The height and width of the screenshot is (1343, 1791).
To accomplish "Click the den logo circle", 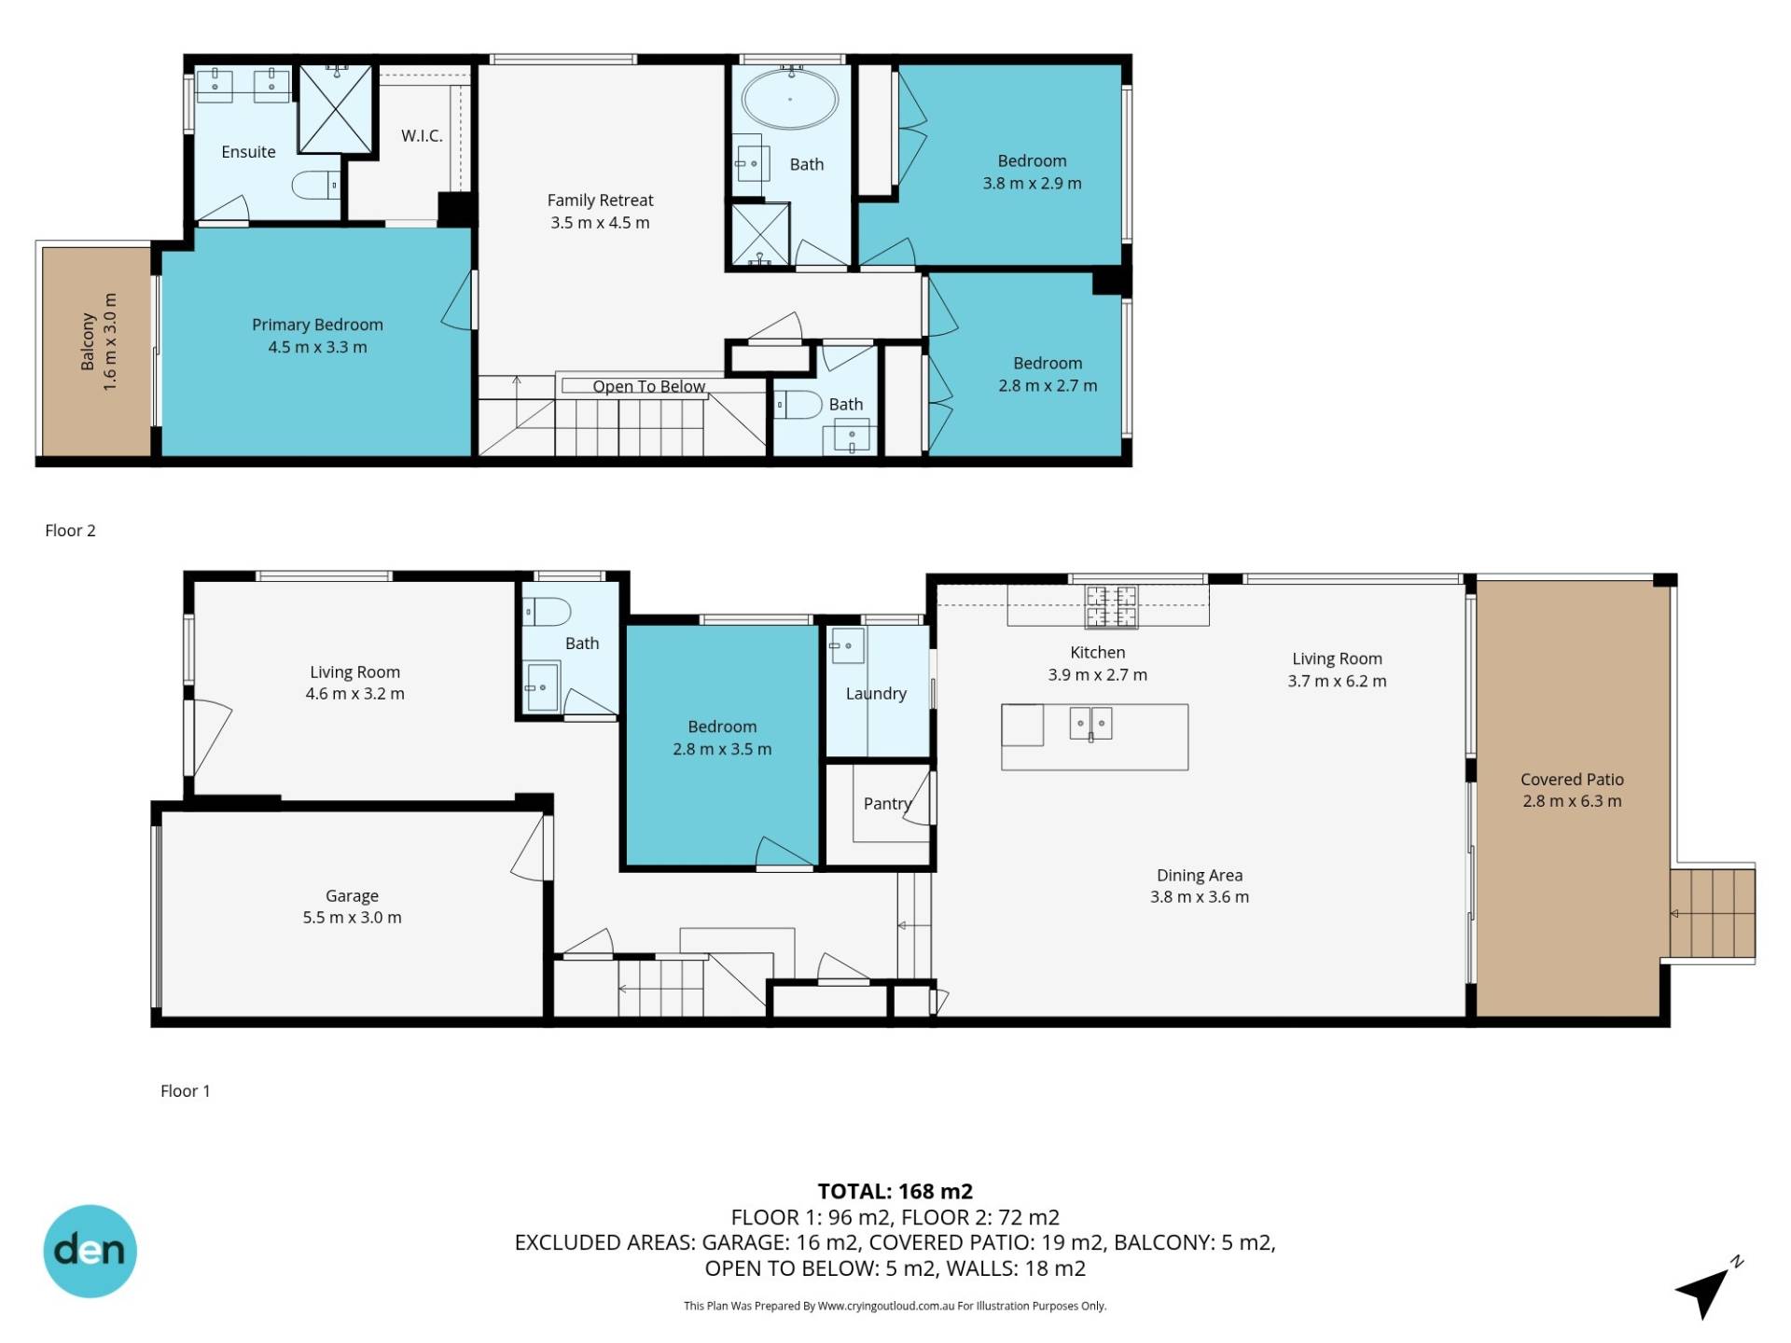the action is (x=90, y=1251).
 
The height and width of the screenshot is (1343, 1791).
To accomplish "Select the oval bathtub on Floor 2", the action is (x=790, y=99).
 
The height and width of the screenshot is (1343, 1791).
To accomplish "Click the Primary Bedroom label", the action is (x=317, y=325).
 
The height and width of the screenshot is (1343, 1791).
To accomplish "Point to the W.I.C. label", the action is (x=422, y=136).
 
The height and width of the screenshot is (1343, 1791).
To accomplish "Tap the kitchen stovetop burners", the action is (x=1111, y=606).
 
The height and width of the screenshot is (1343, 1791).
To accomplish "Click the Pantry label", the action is (x=887, y=803).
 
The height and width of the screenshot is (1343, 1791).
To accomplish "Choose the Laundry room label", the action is (x=876, y=694).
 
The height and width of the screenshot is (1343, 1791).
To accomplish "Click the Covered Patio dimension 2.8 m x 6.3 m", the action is (x=1572, y=801).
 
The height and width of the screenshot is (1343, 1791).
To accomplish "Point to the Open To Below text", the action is (x=649, y=386).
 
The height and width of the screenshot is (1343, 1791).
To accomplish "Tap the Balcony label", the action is (x=89, y=341).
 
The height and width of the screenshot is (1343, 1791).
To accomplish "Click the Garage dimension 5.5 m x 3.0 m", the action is (x=352, y=918).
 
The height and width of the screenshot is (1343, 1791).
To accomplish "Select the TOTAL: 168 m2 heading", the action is (x=895, y=1191).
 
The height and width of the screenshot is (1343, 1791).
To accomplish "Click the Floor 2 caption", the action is (x=70, y=531).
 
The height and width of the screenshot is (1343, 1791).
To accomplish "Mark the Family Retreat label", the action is (x=600, y=201).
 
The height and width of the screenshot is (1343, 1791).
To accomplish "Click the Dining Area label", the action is (x=1200, y=875).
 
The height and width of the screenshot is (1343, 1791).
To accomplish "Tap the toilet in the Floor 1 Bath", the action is (x=547, y=612).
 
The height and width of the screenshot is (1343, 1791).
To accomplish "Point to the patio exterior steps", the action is (x=1713, y=913).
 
